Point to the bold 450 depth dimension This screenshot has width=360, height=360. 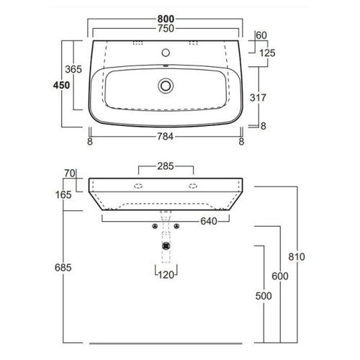tap(62, 85)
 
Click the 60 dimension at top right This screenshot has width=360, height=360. tap(261, 35)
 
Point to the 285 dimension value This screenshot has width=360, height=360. tap(166, 167)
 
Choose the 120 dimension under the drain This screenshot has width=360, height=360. tap(168, 274)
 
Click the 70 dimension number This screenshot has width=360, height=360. tap(70, 174)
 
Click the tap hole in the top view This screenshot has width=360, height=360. tap(166, 52)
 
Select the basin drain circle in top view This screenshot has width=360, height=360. tap(166, 85)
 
